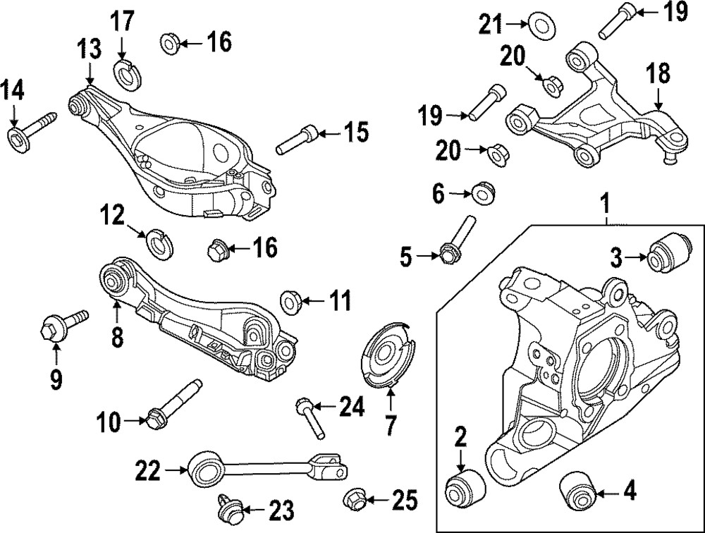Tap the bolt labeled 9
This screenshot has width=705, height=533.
(61, 326)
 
